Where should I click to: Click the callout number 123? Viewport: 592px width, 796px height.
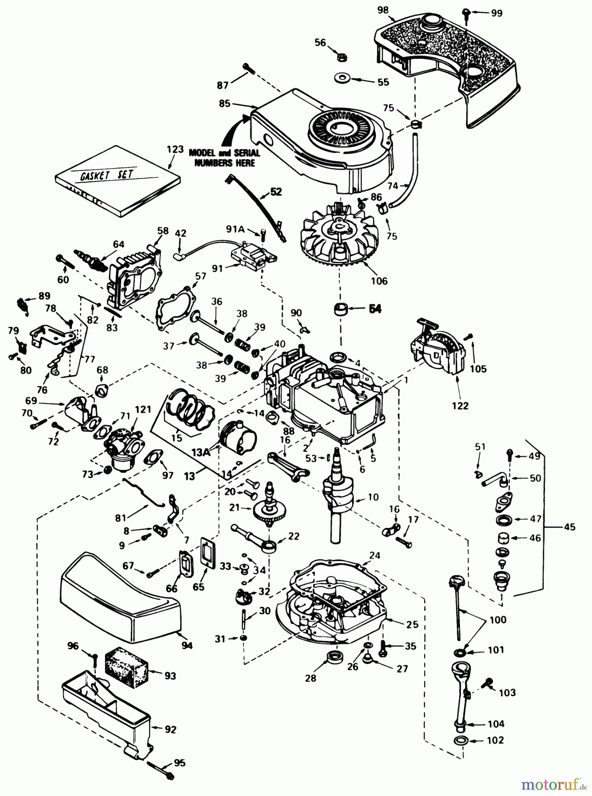click(x=175, y=149)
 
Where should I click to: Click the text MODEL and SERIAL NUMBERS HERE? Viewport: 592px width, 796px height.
click(x=224, y=158)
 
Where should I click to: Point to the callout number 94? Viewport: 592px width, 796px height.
click(x=187, y=646)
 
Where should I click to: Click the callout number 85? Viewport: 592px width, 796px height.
click(x=225, y=103)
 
